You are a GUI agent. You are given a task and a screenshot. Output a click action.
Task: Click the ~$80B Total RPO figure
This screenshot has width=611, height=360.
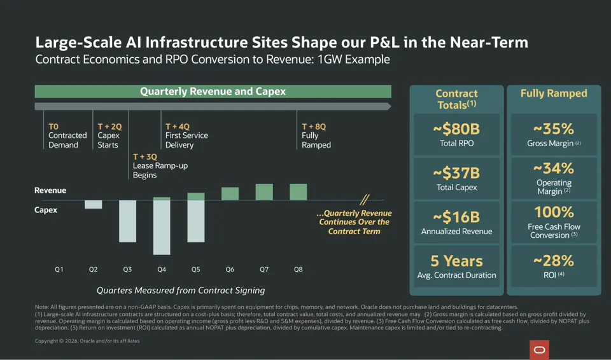tap(456, 129)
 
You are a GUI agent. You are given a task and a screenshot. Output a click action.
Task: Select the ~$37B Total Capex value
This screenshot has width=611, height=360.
tap(456, 173)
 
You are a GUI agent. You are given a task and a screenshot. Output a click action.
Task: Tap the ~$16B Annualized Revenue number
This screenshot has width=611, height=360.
tap(456, 217)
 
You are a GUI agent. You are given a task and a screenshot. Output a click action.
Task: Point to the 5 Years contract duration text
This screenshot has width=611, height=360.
tap(456, 261)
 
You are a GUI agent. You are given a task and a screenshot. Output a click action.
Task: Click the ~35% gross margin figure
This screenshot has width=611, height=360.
tap(554, 129)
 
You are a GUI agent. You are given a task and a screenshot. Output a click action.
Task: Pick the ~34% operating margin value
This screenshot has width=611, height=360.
tap(554, 169)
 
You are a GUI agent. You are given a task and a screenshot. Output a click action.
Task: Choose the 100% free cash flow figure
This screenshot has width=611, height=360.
tap(554, 212)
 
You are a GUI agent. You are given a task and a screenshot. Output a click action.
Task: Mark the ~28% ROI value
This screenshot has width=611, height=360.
tap(554, 261)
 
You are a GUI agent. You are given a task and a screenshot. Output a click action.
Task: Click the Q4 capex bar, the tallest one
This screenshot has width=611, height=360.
tap(162, 228)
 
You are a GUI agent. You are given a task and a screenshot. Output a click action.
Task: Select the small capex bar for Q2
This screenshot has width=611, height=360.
tap(94, 205)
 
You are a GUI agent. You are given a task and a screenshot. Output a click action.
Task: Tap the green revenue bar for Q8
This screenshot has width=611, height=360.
tap(298, 192)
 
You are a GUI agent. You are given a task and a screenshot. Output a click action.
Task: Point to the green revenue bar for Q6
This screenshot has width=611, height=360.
tap(230, 193)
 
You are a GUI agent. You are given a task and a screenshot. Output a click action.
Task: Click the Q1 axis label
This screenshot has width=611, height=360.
tap(59, 269)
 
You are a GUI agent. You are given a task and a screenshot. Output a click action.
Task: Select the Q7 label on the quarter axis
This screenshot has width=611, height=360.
tap(264, 269)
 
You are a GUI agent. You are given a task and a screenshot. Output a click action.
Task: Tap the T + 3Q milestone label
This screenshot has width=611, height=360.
tap(145, 156)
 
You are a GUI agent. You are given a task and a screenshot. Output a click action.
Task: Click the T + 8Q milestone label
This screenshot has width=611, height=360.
tap(314, 127)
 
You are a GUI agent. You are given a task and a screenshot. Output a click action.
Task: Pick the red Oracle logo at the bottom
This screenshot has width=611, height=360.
tap(539, 350)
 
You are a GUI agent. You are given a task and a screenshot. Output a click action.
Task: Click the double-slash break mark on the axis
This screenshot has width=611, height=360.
tap(365, 200)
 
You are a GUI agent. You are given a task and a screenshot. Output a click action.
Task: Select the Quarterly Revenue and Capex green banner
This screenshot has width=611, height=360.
tap(213, 92)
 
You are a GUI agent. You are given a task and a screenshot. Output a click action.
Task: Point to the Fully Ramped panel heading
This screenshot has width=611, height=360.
tap(554, 93)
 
